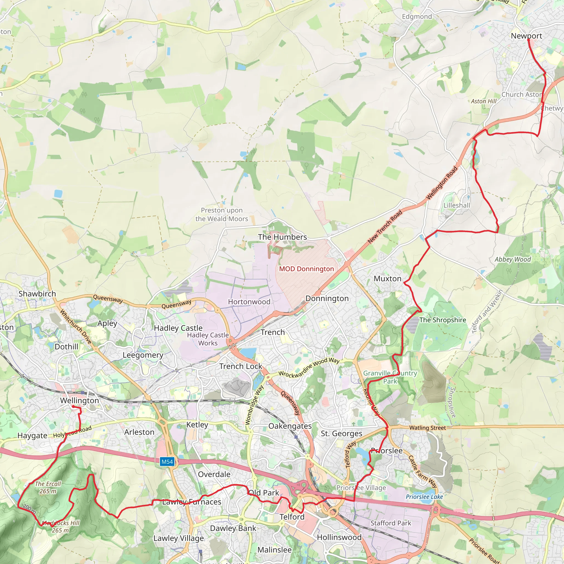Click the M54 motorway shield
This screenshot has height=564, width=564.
coord(167,462)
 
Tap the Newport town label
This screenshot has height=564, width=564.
coord(526,36)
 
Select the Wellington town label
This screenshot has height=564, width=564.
coord(79,400)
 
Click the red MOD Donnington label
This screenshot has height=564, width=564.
coord(307,269)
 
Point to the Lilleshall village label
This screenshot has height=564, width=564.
coord(457,205)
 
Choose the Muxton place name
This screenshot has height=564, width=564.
coord(387,278)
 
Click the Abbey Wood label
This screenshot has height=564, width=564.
coord(513,259)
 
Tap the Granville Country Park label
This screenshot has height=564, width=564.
coord(390,377)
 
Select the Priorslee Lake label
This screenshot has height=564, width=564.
coord(424,497)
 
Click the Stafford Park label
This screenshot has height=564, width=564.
coord(391,523)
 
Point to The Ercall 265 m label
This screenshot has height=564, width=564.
coord(48,487)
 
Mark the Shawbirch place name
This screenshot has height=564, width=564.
coord(37,294)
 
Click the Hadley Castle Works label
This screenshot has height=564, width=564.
coord(208,339)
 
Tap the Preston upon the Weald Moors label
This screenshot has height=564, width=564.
coord(222,214)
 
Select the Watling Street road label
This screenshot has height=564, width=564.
coord(427,428)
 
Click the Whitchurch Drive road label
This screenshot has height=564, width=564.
coord(76,326)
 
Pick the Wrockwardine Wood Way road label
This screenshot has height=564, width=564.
coord(309,367)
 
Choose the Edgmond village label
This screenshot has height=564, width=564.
coord(417,16)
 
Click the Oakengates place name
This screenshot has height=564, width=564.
coord(290,426)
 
